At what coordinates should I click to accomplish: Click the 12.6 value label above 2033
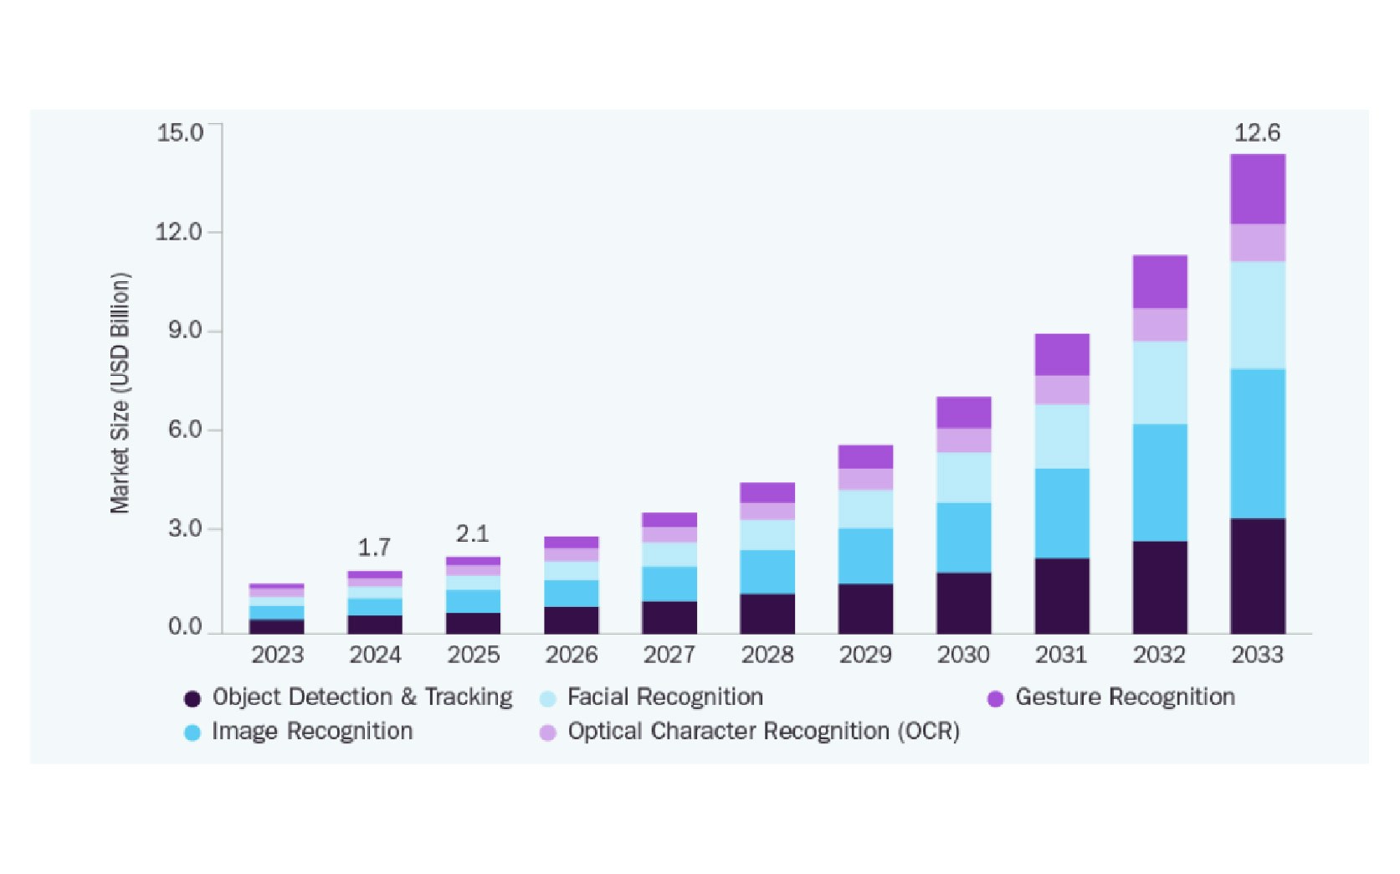(x=1257, y=132)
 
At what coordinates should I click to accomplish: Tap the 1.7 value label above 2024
(x=374, y=548)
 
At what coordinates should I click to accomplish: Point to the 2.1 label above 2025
(x=472, y=533)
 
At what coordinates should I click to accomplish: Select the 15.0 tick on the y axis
(x=180, y=132)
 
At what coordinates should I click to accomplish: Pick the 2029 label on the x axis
(x=865, y=655)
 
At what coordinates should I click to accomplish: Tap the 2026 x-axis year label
(x=572, y=655)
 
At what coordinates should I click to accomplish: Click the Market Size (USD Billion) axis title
(x=121, y=393)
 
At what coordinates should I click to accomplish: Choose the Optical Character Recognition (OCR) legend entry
(x=762, y=731)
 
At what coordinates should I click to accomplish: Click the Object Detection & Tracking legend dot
(x=192, y=698)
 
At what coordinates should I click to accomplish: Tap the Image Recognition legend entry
(x=311, y=731)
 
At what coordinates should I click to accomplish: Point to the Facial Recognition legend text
(x=664, y=697)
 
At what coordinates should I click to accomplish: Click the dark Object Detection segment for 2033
(x=1257, y=576)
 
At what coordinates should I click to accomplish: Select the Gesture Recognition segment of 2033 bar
(x=1257, y=189)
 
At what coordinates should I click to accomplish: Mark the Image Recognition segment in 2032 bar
(x=1159, y=482)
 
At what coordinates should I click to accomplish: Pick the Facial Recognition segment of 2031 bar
(x=1061, y=436)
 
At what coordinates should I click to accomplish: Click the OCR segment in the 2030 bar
(x=963, y=440)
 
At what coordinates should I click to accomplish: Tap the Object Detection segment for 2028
(x=767, y=614)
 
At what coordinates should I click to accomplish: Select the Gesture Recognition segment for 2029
(x=865, y=456)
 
